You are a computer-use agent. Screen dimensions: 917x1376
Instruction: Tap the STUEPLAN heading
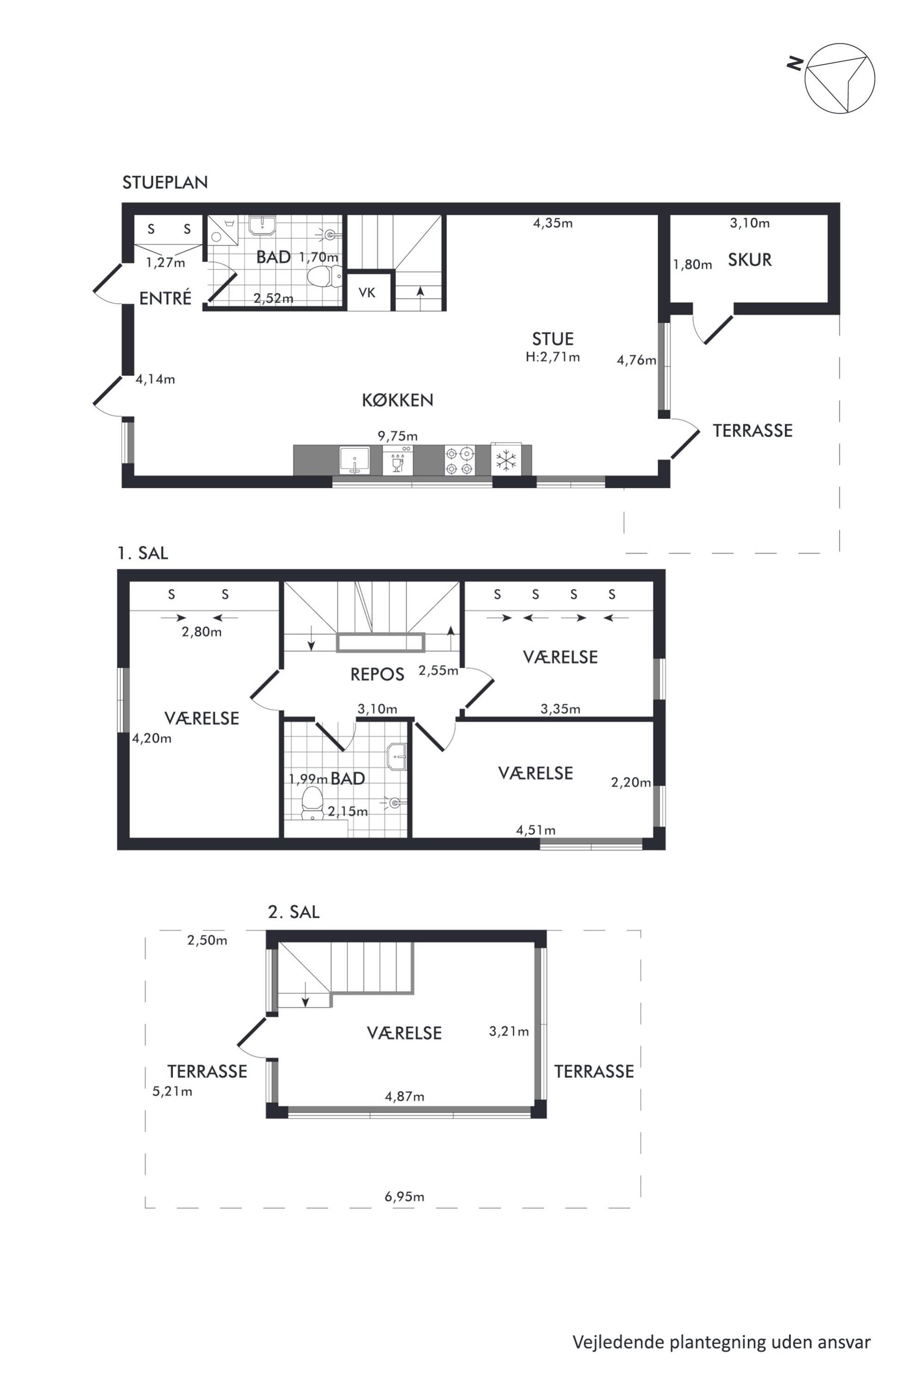165,183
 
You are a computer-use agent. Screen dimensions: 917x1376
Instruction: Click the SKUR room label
750,260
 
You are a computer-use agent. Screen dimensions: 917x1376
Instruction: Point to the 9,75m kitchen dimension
397,436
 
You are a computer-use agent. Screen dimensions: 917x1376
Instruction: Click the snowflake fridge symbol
506,461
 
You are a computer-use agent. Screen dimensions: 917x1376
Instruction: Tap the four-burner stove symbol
460,461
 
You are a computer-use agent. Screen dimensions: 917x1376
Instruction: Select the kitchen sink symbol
355,461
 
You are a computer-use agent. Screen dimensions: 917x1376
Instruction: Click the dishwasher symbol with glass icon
397,461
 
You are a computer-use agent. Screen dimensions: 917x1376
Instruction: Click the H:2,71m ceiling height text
553,357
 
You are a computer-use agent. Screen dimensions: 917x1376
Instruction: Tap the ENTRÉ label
165,298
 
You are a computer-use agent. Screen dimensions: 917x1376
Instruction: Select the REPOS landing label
377,675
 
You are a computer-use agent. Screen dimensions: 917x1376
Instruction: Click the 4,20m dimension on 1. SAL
152,738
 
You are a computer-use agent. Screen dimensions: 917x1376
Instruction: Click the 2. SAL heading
293,912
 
